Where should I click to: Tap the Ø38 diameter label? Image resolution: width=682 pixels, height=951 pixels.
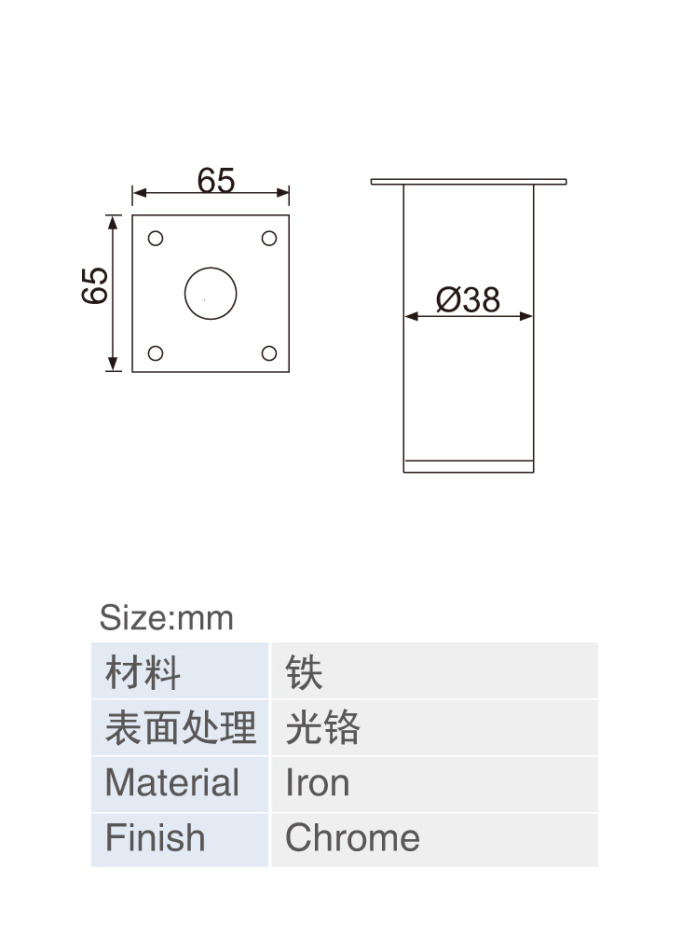(x=468, y=299)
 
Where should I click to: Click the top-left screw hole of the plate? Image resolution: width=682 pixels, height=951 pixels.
(x=156, y=239)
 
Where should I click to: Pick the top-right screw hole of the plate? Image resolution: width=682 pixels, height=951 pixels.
(x=269, y=239)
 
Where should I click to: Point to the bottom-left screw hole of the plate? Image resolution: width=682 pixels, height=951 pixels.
(x=156, y=353)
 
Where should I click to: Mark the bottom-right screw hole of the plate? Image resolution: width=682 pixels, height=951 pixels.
(x=269, y=353)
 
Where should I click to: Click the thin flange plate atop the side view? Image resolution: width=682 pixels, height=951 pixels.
(x=469, y=182)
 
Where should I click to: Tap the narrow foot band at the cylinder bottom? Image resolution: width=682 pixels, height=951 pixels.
(x=469, y=466)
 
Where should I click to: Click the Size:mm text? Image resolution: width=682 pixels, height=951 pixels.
(x=166, y=618)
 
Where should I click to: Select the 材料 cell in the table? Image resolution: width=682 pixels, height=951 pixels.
(x=180, y=670)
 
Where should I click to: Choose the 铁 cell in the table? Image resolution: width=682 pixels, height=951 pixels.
(x=435, y=670)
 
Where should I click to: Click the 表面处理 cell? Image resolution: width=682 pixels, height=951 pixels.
(x=180, y=727)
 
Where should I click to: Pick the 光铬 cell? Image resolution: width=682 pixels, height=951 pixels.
(x=435, y=727)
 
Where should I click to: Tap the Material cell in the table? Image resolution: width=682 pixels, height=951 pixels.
(x=180, y=783)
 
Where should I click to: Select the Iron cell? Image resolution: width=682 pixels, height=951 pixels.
(x=435, y=783)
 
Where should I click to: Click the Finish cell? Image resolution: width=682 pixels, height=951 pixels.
(x=180, y=839)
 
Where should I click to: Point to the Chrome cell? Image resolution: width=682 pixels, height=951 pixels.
(x=435, y=839)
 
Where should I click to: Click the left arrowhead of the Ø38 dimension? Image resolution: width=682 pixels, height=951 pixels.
(x=411, y=316)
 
